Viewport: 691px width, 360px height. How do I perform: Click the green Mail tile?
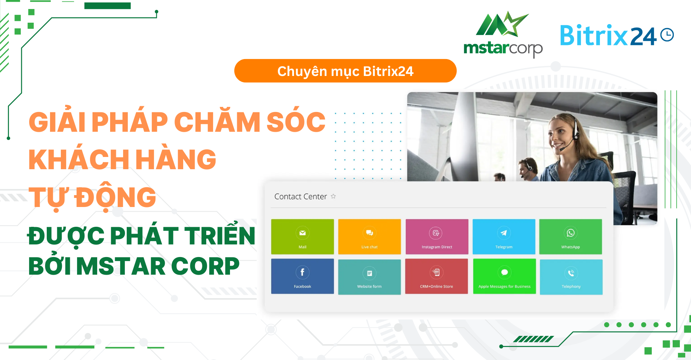[302, 237]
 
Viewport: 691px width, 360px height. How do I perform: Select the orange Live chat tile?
[369, 237]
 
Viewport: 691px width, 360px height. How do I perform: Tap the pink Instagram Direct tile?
[437, 237]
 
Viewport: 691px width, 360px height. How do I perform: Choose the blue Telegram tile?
[504, 237]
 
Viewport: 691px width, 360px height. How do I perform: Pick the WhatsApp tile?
[570, 237]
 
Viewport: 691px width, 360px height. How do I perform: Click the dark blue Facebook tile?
[302, 276]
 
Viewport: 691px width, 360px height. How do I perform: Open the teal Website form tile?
[369, 277]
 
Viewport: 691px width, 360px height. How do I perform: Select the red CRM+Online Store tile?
[437, 276]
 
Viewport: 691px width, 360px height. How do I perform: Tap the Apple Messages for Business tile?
[504, 276]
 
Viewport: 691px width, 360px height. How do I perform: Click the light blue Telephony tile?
[571, 277]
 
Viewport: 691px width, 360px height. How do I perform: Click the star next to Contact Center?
[333, 196]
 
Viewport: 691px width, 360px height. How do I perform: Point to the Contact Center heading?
[301, 197]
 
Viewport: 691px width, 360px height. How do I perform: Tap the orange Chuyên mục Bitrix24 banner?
[345, 71]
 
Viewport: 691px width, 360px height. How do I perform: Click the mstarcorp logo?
[503, 34]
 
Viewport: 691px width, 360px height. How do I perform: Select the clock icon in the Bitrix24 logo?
[667, 35]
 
